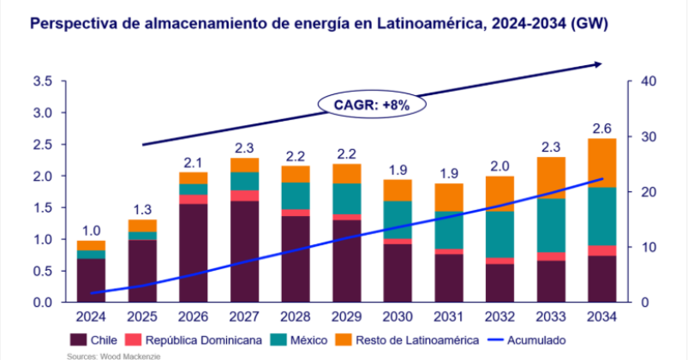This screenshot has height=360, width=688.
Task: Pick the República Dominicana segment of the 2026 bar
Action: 193,199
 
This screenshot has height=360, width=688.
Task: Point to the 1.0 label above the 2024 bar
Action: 92,231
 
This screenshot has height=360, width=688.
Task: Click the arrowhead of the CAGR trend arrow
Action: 597,64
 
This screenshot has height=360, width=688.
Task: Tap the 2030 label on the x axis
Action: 396,318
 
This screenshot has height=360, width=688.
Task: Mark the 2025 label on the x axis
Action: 142,318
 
